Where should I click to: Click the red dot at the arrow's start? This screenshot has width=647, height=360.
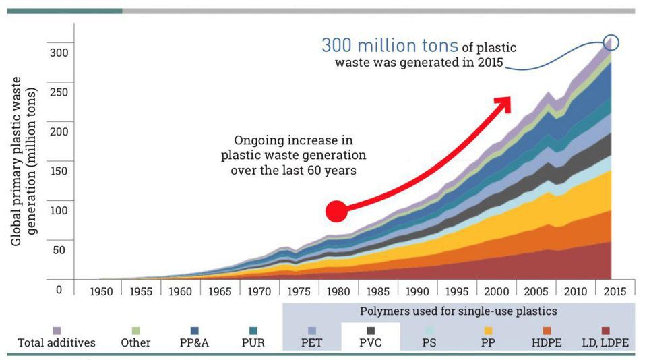(336, 211)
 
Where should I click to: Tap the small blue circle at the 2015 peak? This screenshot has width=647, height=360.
(611, 43)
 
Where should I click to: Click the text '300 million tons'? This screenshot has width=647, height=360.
(390, 46)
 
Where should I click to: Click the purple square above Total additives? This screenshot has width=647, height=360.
(57, 330)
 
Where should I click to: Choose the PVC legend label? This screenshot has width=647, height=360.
(370, 342)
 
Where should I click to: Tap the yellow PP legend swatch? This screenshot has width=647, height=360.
(488, 330)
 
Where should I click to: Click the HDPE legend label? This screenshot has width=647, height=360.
(547, 342)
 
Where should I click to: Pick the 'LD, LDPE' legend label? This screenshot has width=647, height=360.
(605, 342)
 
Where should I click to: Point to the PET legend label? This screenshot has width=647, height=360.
(311, 342)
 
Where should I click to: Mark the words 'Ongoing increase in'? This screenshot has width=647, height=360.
(293, 140)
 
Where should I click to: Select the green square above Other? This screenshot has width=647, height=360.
(136, 330)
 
